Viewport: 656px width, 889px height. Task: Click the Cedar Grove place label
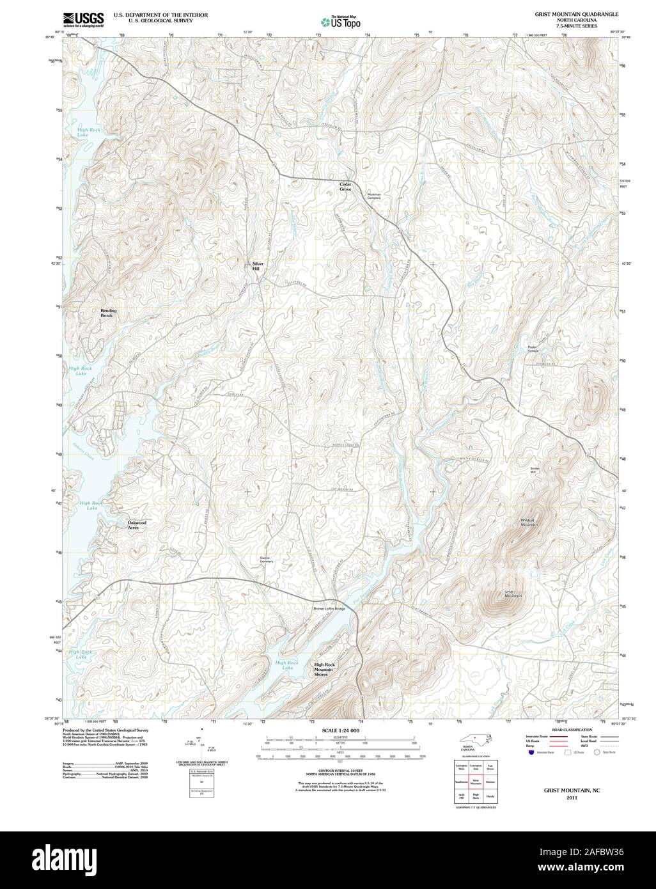coord(345,186)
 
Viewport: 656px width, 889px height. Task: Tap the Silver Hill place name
coord(257,266)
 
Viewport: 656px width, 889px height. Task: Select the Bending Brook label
coord(108,313)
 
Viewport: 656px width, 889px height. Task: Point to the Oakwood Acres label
coord(137,525)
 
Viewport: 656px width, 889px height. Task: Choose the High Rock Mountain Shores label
coord(329,669)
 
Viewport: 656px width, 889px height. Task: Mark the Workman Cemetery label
coord(373,196)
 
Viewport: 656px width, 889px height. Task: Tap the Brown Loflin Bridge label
coord(329,608)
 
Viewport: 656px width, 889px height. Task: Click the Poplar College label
coord(533,349)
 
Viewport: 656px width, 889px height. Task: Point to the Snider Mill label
coord(535,470)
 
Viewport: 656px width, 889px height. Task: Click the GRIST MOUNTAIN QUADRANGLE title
coord(572,13)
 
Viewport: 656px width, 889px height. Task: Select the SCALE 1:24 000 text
coord(340,730)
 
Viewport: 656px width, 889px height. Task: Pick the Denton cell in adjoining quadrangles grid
coord(490,781)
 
